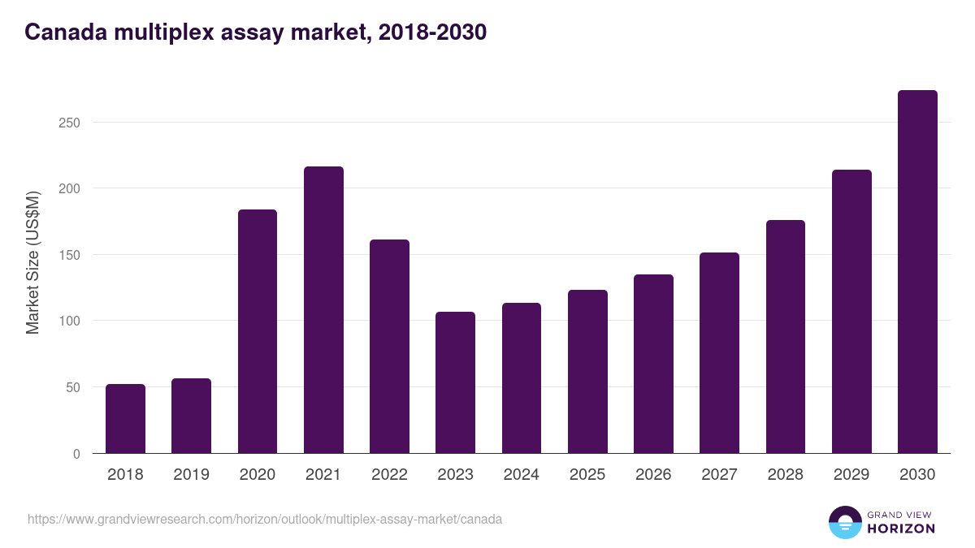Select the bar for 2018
(125, 419)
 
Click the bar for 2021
(323, 310)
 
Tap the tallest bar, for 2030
(917, 272)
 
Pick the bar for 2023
(455, 382)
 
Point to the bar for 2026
(653, 364)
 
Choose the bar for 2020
(258, 331)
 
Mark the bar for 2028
(786, 337)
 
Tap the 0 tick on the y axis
(76, 454)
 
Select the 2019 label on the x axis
(191, 475)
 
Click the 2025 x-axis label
(587, 475)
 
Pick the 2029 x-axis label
(851, 475)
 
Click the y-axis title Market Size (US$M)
(32, 261)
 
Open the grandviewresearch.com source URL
(265, 519)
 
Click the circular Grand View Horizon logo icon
(845, 522)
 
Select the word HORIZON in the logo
(901, 529)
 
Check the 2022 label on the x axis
(389, 475)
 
